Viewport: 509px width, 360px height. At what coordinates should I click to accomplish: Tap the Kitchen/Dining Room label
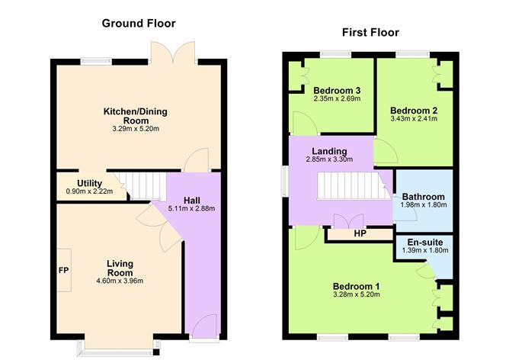point(136,116)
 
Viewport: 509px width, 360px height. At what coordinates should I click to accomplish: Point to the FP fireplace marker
point(63,270)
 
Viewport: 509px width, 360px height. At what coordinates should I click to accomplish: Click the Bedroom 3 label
point(336,91)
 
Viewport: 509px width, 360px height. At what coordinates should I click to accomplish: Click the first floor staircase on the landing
point(348,186)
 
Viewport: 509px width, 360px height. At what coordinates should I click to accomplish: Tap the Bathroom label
point(423,196)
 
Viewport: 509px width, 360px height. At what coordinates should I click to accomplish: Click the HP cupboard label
point(359,233)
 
